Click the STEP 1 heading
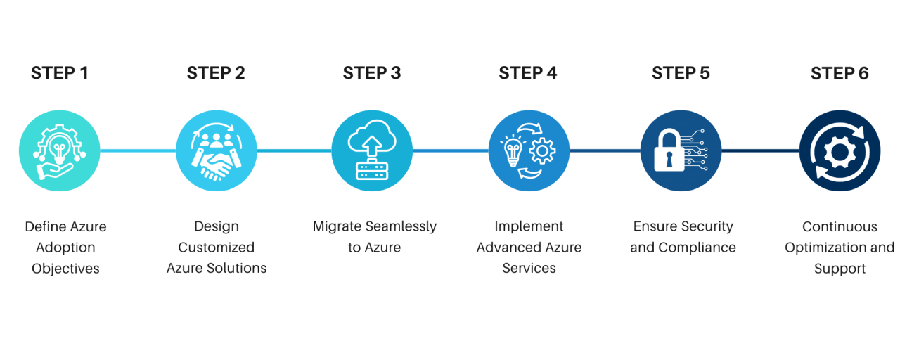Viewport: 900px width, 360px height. (x=60, y=73)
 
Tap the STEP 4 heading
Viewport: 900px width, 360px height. (x=527, y=73)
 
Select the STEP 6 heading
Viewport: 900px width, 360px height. (x=840, y=73)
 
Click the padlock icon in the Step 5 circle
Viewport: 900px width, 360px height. (x=669, y=151)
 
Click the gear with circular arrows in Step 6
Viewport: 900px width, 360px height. (x=840, y=151)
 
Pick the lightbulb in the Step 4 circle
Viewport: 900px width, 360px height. (x=513, y=150)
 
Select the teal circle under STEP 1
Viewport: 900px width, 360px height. (x=60, y=151)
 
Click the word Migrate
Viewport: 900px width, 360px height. (x=337, y=226)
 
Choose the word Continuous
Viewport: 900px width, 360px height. (x=840, y=226)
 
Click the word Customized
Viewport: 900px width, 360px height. (x=216, y=247)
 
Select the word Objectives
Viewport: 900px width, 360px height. (x=65, y=269)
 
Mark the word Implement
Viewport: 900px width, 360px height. (x=529, y=226)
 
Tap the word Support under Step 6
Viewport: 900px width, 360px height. (x=840, y=269)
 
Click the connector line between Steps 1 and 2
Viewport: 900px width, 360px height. (x=138, y=150)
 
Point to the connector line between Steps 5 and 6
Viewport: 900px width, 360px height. (x=761, y=150)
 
